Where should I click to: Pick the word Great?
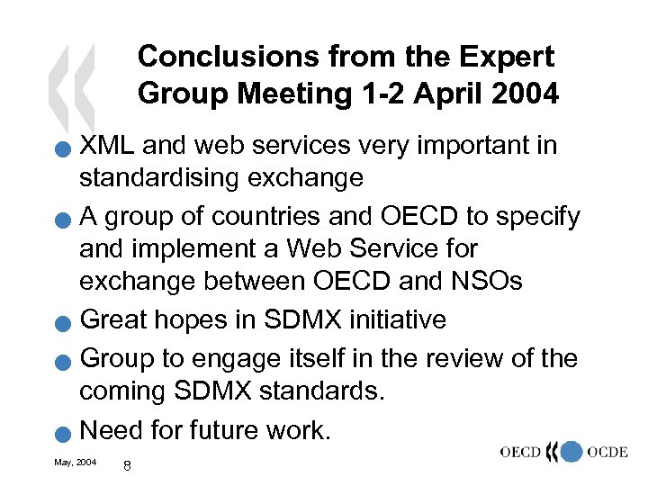pos(112,319)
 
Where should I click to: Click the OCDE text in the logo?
pos(607,451)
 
